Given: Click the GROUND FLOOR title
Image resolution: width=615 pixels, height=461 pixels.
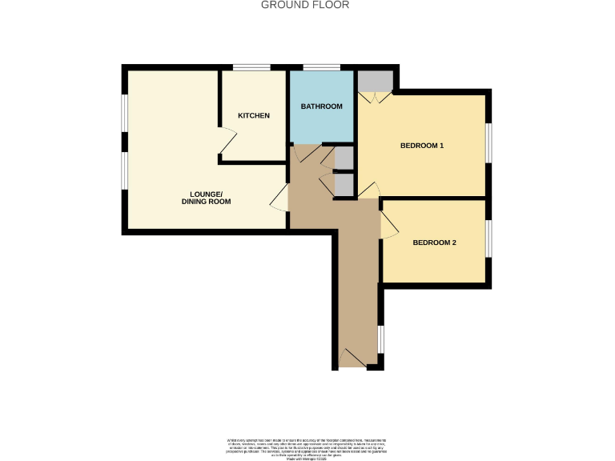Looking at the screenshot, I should (305, 5).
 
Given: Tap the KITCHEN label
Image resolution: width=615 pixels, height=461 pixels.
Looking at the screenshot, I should (253, 116).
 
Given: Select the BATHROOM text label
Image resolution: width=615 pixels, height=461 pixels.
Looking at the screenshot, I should (321, 106).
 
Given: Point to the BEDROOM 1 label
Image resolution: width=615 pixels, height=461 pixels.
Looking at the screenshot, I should (421, 146).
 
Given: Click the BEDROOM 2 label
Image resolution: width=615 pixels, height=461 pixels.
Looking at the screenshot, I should (434, 243).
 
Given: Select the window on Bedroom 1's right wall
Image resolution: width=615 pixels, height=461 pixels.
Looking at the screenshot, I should (488, 142).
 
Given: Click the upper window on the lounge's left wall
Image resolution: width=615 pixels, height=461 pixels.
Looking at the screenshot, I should (124, 111).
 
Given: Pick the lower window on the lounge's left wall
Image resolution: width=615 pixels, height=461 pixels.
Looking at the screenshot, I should (124, 170).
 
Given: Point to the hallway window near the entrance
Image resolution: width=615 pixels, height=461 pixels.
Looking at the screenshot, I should (381, 339).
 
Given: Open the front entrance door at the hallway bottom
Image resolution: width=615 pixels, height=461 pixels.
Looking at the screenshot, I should (352, 360).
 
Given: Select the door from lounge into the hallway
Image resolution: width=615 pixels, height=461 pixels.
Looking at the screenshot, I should (279, 198).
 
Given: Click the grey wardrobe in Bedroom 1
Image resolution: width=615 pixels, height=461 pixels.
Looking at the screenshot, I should (375, 82).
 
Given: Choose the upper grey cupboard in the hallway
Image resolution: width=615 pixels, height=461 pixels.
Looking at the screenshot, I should (343, 158).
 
